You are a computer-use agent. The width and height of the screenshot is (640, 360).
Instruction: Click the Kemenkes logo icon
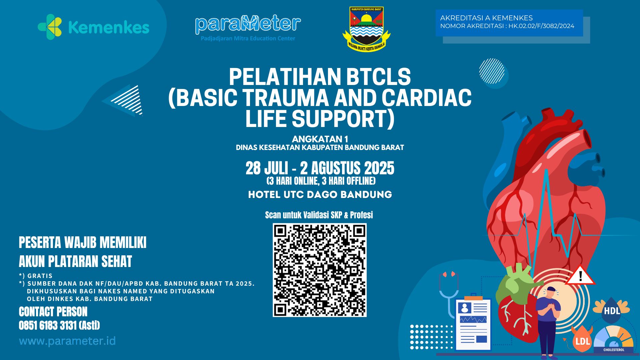click(x=50, y=27)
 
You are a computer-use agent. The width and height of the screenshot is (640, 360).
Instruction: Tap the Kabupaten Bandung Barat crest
click(x=366, y=29)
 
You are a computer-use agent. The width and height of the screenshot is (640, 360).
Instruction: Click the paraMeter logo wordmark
click(x=248, y=24)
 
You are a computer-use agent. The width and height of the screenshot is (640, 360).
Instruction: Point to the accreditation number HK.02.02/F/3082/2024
click(x=541, y=26)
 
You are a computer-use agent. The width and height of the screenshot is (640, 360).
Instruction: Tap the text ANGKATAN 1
click(x=320, y=139)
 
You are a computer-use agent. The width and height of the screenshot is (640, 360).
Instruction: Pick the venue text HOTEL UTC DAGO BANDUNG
click(x=320, y=195)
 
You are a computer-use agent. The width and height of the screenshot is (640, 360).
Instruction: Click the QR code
click(x=319, y=270)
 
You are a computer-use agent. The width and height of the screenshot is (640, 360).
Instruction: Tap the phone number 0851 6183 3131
click(x=48, y=325)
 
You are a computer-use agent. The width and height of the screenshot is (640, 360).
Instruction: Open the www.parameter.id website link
click(x=67, y=341)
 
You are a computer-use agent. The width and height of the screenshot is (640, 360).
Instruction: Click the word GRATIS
click(x=40, y=276)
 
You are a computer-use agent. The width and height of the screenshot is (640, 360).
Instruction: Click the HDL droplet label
click(x=612, y=311)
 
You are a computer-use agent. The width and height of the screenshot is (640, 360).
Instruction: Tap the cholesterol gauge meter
click(x=614, y=340)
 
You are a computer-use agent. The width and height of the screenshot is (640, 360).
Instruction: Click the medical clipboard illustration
click(x=473, y=323)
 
